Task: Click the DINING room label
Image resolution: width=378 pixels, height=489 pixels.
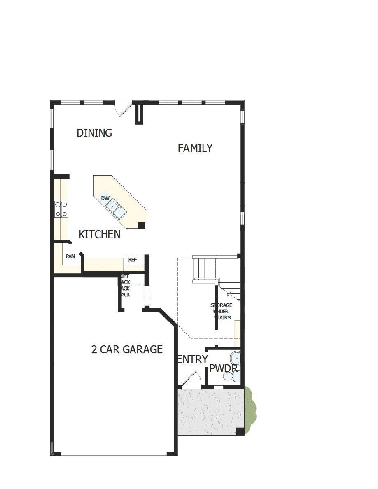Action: point(94,133)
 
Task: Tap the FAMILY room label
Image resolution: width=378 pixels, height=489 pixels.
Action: point(195,148)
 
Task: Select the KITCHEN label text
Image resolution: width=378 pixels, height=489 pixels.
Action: point(100,235)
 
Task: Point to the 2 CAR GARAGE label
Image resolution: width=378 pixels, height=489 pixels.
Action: point(127,349)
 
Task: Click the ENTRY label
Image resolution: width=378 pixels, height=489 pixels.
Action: point(192,359)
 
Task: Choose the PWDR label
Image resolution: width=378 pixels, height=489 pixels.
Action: point(224,368)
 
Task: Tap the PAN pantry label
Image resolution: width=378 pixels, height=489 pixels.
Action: point(70,256)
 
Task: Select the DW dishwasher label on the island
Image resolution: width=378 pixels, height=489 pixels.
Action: point(105,198)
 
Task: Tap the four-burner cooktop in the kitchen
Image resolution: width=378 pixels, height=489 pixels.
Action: point(61,209)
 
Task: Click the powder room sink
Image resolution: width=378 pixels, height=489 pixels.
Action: point(236,357)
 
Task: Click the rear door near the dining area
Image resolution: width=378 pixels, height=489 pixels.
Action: point(124,108)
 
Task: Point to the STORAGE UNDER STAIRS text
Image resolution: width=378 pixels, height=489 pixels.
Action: point(222,311)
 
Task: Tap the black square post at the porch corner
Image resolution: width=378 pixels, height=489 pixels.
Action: point(240,431)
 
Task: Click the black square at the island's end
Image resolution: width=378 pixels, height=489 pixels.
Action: point(141,225)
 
